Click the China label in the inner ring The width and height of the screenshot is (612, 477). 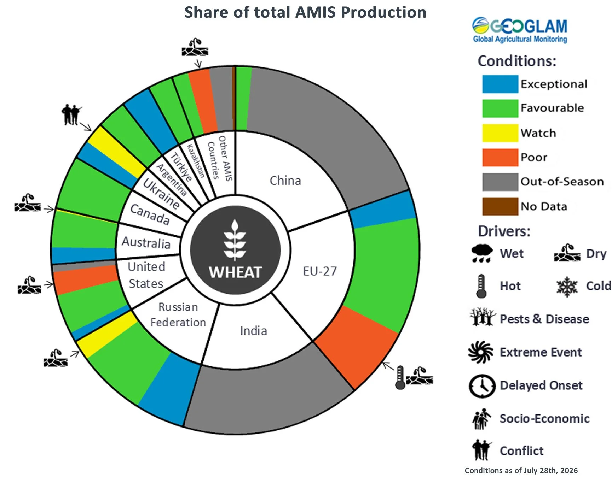(285, 181)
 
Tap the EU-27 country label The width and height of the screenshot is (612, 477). (320, 271)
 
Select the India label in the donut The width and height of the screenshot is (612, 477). (253, 331)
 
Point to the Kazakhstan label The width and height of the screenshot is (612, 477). (196, 161)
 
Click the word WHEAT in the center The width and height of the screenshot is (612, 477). (235, 272)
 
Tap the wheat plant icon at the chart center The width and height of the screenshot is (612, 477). (235, 240)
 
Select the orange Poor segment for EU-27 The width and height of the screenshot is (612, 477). (356, 346)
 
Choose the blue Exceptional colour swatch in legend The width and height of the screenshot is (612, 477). (500, 84)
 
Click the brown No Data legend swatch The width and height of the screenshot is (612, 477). (500, 206)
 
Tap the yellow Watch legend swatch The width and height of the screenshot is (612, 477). (500, 133)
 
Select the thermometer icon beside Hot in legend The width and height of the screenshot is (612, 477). (481, 286)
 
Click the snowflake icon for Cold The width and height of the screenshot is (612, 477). (567, 286)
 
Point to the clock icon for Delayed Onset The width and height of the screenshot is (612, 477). (482, 386)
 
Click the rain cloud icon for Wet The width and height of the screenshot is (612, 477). (482, 253)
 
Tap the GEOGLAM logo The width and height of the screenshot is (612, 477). (520, 30)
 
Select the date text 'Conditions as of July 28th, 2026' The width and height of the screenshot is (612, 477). (521, 470)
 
